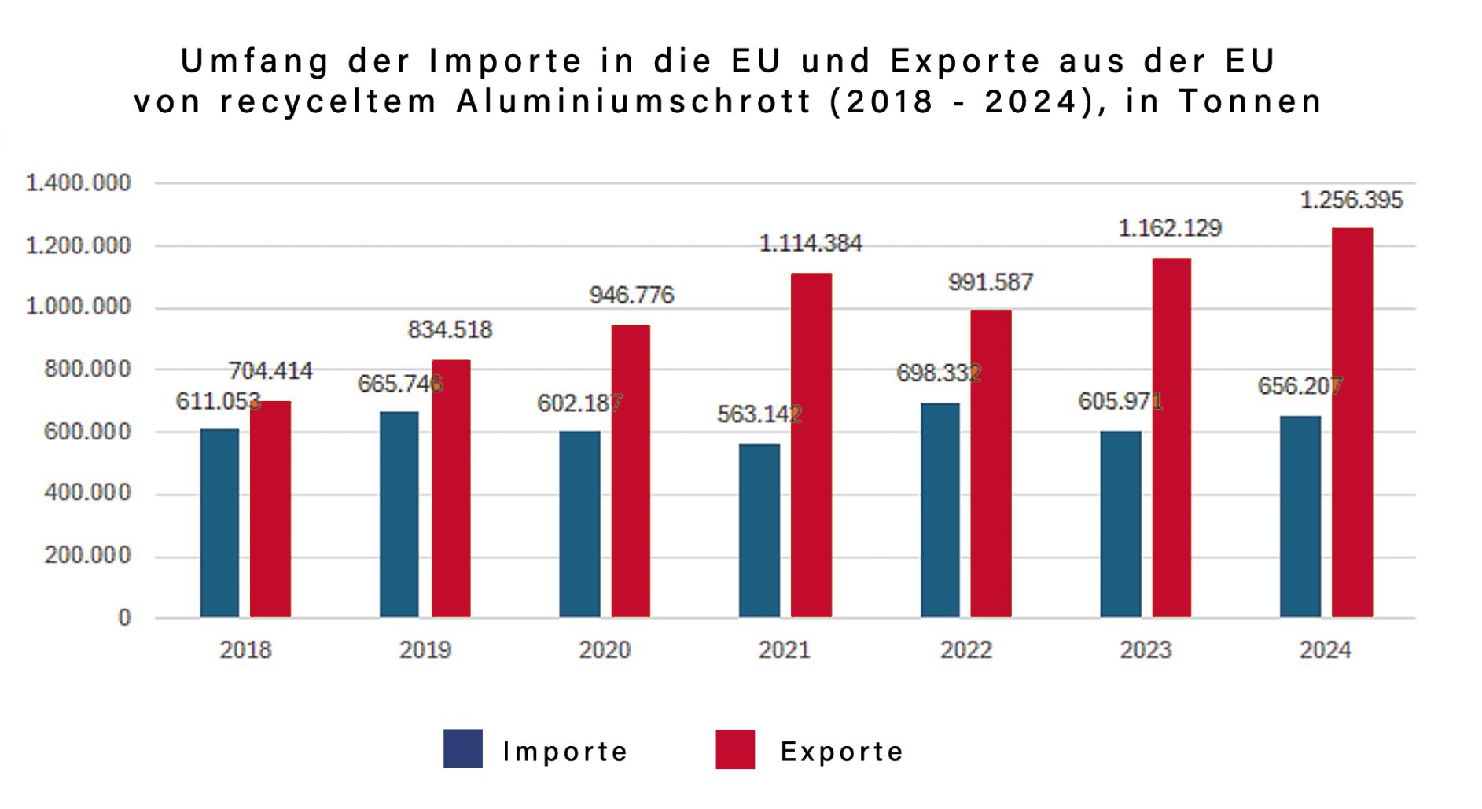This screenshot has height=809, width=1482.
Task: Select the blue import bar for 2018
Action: coord(219,523)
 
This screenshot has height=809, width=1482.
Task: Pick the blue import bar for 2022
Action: coord(940,510)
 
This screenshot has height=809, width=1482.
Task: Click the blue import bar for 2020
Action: coord(579,524)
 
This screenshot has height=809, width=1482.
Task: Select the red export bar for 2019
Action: coord(450,488)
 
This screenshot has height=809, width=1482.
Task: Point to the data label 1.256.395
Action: coord(1351,200)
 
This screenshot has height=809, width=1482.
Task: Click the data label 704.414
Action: coord(270,370)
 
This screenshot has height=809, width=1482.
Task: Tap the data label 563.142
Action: coord(759,414)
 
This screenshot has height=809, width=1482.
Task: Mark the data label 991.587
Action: coord(990,282)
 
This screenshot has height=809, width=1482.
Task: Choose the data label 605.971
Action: coord(1120,401)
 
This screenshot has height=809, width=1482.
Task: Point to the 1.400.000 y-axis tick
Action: coord(78,183)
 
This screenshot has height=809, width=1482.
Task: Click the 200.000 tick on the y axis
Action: coord(87,555)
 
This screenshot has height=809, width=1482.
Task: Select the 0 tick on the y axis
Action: coord(124,618)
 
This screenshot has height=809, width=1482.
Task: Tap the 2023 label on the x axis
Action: coord(1146,650)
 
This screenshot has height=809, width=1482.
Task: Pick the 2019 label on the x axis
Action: coord(425,650)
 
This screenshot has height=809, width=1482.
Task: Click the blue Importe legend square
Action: coord(462,748)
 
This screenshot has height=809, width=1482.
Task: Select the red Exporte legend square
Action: coord(735,748)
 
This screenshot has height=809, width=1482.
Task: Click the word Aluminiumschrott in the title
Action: coord(634,102)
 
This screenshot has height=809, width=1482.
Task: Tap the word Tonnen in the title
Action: coord(1250,102)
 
